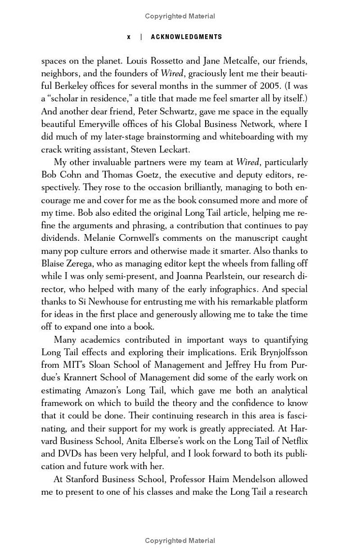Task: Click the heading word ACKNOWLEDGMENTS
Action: pyautogui.click(x=186, y=37)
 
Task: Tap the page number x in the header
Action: pyautogui.click(x=129, y=37)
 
